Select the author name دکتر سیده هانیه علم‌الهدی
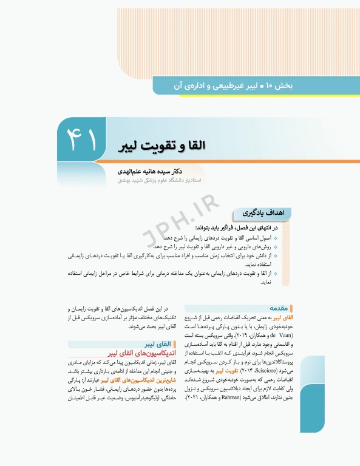[158, 172]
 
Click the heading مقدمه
[280, 308]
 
